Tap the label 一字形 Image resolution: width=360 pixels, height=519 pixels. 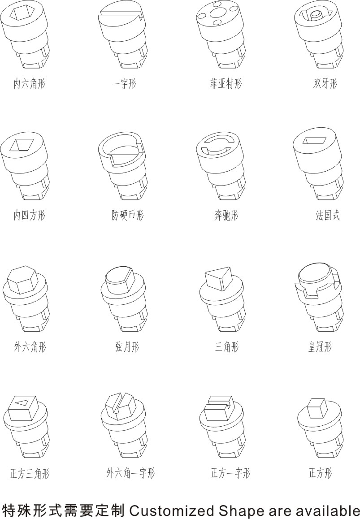point(124,83)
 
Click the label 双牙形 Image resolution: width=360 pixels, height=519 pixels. point(325,83)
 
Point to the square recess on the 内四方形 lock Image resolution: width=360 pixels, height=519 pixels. point(22,145)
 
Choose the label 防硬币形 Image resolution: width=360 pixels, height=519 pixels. point(127,215)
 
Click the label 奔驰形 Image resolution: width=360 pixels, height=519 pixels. point(226,215)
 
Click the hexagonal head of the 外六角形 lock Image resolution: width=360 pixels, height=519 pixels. point(22,280)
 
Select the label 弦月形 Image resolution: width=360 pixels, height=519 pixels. point(127,347)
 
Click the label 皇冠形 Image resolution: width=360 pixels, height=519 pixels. point(320,347)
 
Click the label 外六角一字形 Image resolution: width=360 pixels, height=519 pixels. point(130,473)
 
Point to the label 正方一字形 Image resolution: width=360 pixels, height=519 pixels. point(230,473)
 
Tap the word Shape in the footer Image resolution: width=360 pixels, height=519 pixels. point(241,511)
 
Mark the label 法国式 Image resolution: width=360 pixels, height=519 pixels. point(328,215)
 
